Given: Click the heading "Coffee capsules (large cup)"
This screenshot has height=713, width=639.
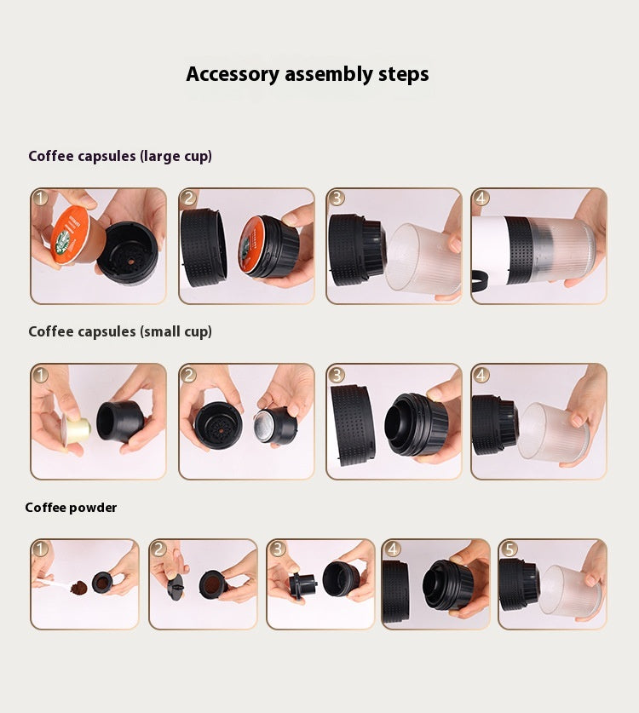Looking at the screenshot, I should (120, 156).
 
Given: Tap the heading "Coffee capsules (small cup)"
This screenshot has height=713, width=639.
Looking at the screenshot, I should (120, 331).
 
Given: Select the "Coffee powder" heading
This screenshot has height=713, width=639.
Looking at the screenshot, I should (71, 508).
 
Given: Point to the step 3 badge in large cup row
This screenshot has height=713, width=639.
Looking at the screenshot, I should (337, 198).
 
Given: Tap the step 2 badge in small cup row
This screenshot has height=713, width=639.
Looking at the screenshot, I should (189, 375).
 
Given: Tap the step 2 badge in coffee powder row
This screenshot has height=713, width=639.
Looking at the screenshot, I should (159, 549).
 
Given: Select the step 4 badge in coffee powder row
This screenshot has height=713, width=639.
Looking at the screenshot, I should (392, 549).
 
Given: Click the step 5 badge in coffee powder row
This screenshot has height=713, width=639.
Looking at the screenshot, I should (509, 549).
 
